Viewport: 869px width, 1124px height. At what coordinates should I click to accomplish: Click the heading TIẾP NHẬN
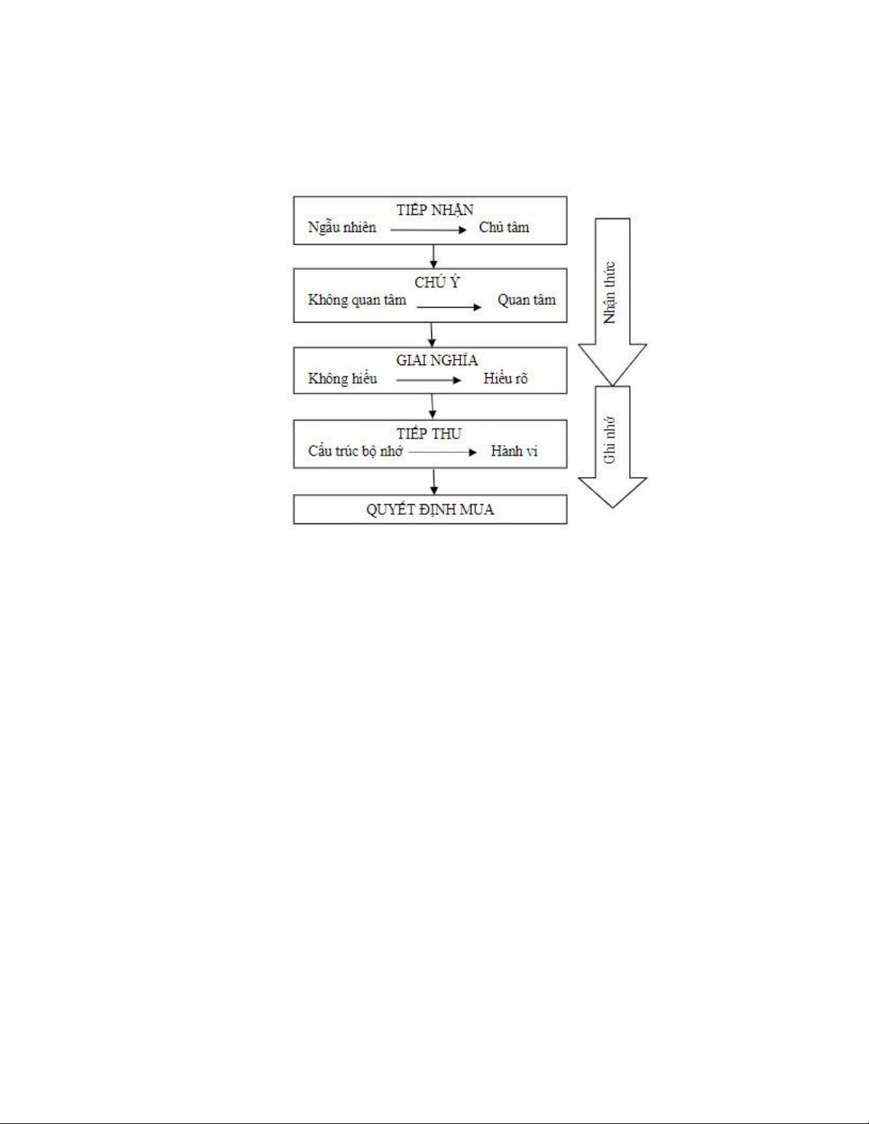tap(435, 209)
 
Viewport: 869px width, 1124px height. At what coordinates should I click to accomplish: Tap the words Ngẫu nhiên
tap(342, 228)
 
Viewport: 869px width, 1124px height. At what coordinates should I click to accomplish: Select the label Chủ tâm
tap(504, 227)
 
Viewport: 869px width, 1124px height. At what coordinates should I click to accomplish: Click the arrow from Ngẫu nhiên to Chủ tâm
tap(428, 230)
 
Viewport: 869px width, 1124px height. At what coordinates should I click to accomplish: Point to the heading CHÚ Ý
tap(437, 282)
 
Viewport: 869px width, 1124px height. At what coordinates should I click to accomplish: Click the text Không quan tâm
tap(357, 300)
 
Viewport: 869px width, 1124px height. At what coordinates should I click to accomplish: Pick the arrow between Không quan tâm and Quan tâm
tap(449, 307)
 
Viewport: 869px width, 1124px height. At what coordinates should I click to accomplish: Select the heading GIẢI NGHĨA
tap(436, 360)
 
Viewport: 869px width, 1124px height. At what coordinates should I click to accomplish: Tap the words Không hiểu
tap(343, 379)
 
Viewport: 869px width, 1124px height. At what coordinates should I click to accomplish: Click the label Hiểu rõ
tap(505, 379)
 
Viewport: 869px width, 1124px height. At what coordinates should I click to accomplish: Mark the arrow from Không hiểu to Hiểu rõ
tap(428, 380)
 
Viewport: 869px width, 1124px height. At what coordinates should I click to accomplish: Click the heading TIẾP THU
tap(428, 433)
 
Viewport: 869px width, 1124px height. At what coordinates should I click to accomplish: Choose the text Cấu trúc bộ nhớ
tap(355, 451)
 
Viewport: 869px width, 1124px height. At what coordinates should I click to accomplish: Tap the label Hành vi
tap(514, 451)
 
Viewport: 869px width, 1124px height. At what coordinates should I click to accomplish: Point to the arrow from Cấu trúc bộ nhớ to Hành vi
tap(443, 452)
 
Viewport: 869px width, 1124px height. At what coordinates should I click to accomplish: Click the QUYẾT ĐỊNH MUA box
tap(431, 509)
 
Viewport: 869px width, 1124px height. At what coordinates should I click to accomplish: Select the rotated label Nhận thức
tap(610, 293)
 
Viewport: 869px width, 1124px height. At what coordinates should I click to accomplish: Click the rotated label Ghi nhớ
tap(610, 440)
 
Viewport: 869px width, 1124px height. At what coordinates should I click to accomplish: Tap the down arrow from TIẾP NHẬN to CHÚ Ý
tap(433, 257)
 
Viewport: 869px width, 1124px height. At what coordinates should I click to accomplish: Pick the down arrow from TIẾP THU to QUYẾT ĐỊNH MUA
tap(434, 482)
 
